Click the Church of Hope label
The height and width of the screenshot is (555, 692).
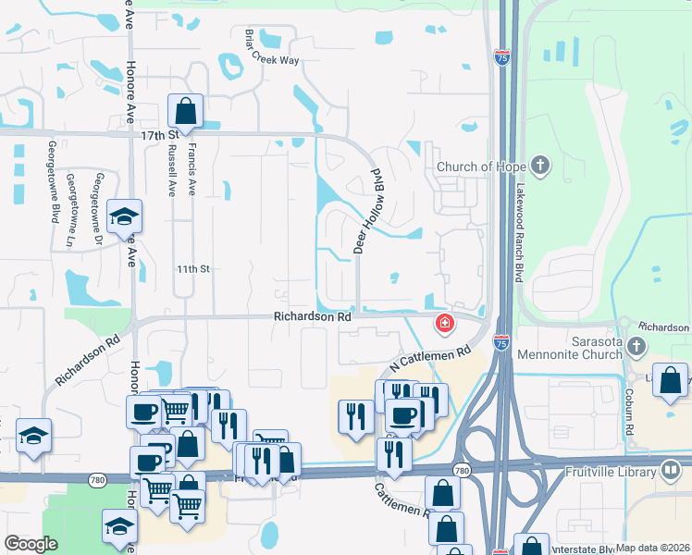click(480, 167)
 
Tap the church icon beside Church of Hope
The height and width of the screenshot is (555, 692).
click(540, 167)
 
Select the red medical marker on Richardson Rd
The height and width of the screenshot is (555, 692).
click(445, 323)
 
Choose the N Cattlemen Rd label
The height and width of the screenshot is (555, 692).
click(431, 356)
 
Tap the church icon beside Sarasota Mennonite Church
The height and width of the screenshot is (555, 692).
click(636, 346)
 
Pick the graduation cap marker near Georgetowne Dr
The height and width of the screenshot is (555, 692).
click(124, 217)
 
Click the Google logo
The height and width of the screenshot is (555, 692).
click(31, 544)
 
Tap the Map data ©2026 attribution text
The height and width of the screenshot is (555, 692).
click(653, 548)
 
